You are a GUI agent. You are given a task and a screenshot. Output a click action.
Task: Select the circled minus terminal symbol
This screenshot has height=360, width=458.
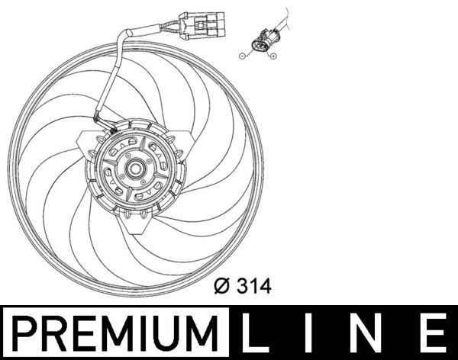[x=242, y=56]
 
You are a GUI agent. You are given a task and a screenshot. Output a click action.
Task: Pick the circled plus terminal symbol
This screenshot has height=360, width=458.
[x=273, y=56]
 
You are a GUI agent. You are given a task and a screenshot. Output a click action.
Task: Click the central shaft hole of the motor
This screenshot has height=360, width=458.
[x=136, y=169]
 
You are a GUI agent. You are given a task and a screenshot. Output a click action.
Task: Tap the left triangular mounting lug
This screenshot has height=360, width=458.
[x=85, y=140]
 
